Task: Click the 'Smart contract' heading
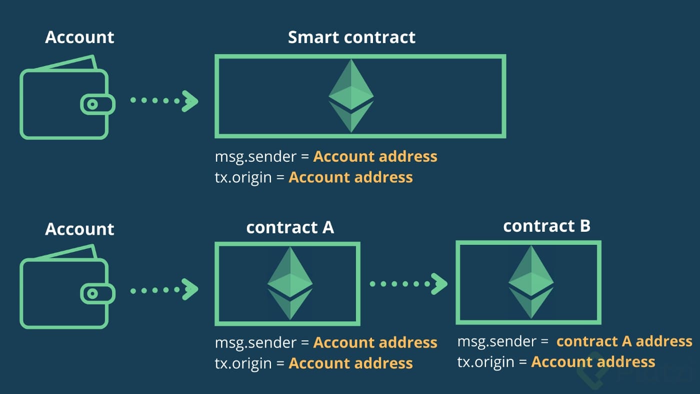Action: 351,38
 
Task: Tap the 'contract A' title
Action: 290,227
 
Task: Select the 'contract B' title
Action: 546,226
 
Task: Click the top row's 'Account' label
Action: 79,38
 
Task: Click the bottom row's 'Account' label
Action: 79,229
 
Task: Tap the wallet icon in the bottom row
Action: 65,288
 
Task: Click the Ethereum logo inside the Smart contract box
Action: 351,96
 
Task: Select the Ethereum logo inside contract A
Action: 290,283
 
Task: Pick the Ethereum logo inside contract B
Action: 531,282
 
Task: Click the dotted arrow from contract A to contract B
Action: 408,284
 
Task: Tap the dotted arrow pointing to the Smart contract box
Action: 164,101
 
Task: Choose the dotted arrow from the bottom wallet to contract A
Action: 164,289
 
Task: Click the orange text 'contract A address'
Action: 624,341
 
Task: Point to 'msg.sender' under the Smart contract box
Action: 255,157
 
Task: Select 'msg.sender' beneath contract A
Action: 255,343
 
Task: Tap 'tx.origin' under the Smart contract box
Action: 243,177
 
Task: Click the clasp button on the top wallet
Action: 93,104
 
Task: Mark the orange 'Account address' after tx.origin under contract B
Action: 593,362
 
